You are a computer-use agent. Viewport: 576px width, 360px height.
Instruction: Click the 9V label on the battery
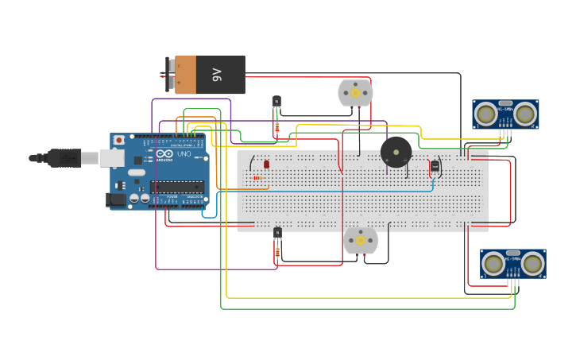pyautogui.click(x=217, y=75)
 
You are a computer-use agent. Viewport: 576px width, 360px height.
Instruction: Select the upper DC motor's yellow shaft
pyautogui.click(x=355, y=92)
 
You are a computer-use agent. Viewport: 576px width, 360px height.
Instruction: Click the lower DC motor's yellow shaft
pyautogui.click(x=360, y=240)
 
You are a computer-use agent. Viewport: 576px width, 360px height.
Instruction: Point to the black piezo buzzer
pyautogui.click(x=396, y=151)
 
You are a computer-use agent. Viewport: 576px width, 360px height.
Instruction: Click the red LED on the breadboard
pyautogui.click(x=266, y=164)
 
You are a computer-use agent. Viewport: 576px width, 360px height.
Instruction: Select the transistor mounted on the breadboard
pyautogui.click(x=435, y=165)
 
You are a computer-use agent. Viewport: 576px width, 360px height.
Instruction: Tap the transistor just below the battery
pyautogui.click(x=276, y=102)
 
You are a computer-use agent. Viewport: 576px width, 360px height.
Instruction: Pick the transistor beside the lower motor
pyautogui.click(x=276, y=232)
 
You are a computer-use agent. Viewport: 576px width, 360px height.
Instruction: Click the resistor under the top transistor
pyautogui.click(x=276, y=126)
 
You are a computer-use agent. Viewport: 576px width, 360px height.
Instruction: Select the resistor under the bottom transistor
pyautogui.click(x=276, y=253)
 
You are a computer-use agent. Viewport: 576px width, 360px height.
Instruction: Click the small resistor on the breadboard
pyautogui.click(x=257, y=178)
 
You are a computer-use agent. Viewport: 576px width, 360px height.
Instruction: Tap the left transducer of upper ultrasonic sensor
pyautogui.click(x=485, y=114)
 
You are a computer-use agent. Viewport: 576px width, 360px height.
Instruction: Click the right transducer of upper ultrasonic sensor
pyautogui.click(x=524, y=114)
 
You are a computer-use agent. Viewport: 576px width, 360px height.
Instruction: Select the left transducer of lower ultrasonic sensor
pyautogui.click(x=493, y=264)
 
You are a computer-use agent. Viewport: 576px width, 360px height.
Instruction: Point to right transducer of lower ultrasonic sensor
pyautogui.click(x=533, y=264)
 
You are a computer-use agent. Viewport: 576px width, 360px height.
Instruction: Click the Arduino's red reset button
pyautogui.click(x=119, y=140)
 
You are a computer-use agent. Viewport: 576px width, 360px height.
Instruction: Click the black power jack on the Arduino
pyautogui.click(x=118, y=199)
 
